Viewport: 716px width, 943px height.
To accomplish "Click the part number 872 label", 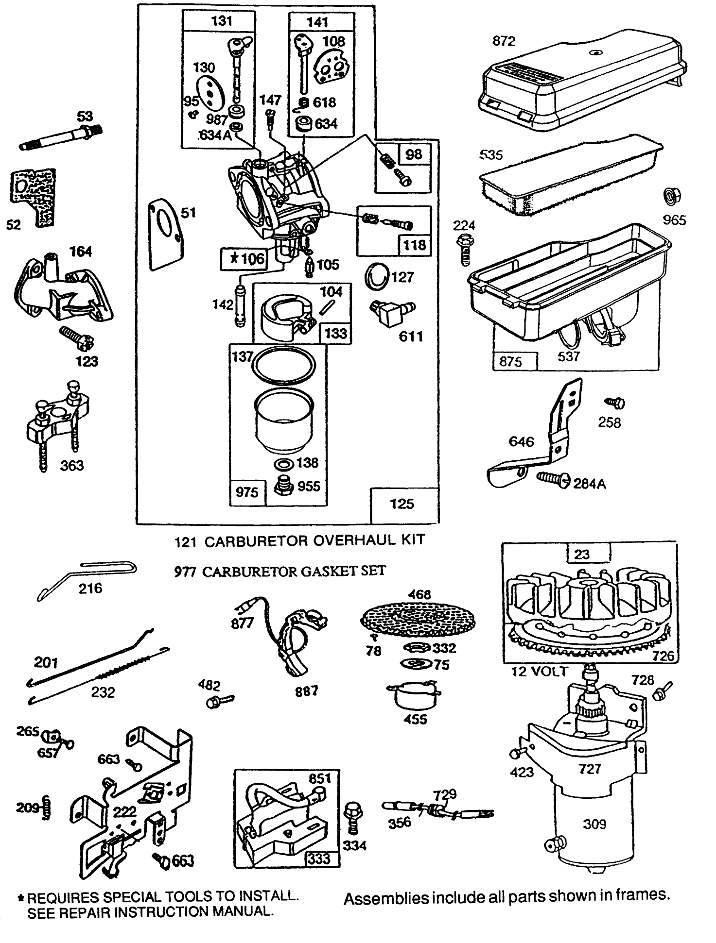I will [x=504, y=41].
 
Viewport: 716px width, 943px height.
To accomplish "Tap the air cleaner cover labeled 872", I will [x=583, y=87].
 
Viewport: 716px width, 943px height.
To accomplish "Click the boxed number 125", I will [x=402, y=504].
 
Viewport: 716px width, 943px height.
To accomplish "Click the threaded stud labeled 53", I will [x=63, y=138].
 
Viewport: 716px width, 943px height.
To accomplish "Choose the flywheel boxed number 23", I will [x=582, y=554].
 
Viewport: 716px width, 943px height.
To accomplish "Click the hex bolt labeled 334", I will [x=351, y=817].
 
